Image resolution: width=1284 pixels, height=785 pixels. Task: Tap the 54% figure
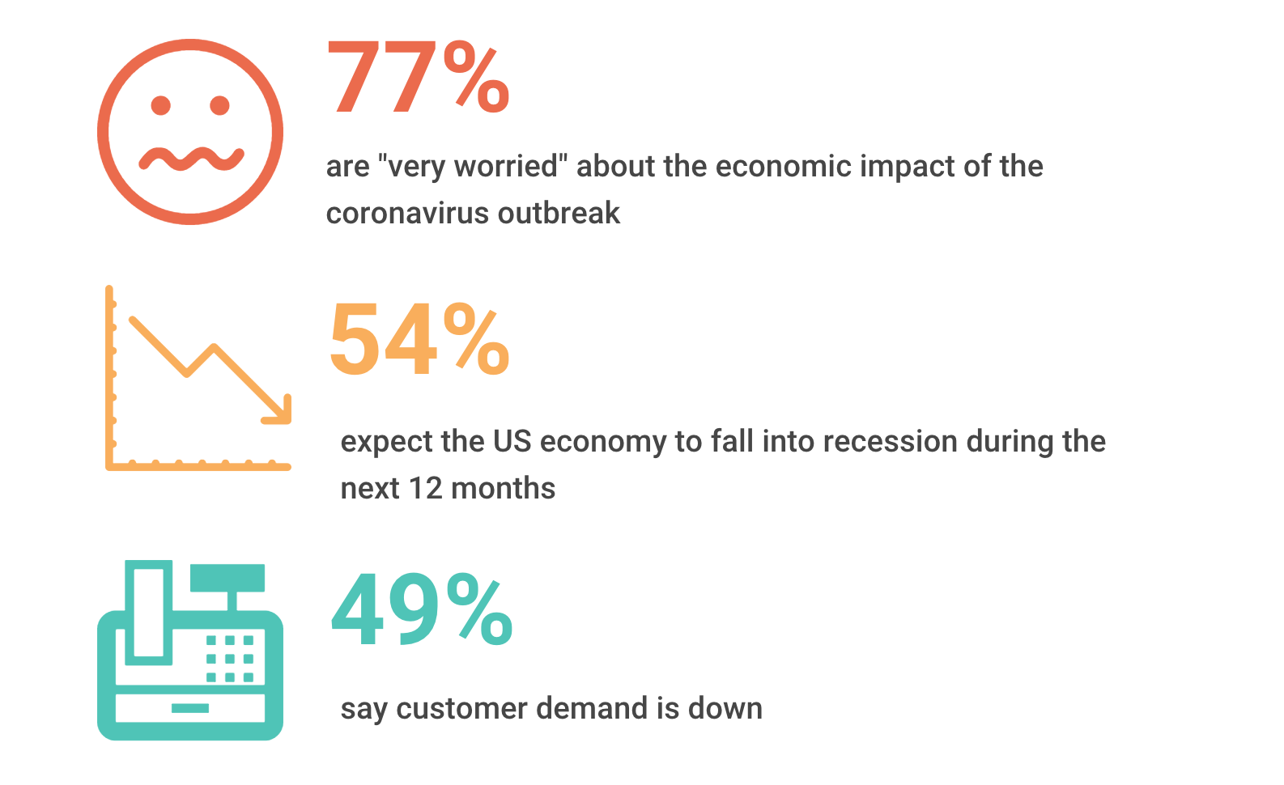coord(419,339)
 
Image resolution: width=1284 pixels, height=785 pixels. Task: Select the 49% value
coord(421,609)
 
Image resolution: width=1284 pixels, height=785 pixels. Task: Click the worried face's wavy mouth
coord(191,159)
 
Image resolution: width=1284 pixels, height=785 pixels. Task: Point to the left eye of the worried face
coord(161,105)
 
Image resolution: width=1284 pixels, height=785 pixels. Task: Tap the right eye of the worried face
coord(219,105)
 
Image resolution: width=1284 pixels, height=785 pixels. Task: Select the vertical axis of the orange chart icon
coord(109,376)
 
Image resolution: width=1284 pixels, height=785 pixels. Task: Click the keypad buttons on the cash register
coord(230,658)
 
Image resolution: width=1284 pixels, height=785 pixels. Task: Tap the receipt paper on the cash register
coord(149,611)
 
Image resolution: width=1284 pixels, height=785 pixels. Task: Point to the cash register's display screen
coord(227,577)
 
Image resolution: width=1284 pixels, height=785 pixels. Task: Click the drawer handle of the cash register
coord(190,708)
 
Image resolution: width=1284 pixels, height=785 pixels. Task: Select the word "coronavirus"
coord(407,214)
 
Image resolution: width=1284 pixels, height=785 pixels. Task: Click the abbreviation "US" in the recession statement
coord(512,442)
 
